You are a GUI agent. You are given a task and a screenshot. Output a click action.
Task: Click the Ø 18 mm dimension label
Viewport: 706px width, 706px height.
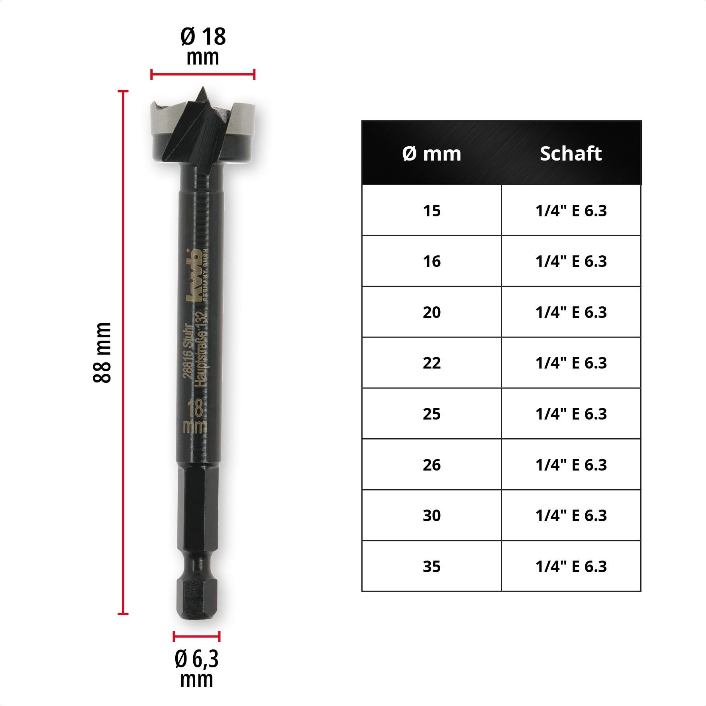click(203, 46)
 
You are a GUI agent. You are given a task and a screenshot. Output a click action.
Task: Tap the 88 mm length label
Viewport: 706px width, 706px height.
click(102, 353)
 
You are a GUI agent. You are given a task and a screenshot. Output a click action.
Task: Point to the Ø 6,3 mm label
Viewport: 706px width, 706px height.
click(196, 669)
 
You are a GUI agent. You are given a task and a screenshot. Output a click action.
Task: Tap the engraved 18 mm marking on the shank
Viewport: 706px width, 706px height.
click(195, 416)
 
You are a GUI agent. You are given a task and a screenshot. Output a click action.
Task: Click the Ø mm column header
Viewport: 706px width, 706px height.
click(431, 153)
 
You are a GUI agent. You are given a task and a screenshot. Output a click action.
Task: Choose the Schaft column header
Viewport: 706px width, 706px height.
click(571, 153)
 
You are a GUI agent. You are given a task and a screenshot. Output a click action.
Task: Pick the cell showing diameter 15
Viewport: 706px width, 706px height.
click(431, 210)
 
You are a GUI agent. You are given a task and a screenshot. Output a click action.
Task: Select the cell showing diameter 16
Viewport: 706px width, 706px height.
click(431, 261)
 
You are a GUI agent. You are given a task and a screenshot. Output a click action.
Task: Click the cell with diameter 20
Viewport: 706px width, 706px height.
click(431, 312)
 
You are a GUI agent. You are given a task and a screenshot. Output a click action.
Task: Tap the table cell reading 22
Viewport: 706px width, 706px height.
click(431, 363)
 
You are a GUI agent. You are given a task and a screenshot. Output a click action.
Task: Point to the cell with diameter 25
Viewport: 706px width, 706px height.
click(431, 414)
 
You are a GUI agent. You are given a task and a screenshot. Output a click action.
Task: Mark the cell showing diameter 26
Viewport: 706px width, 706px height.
click(431, 465)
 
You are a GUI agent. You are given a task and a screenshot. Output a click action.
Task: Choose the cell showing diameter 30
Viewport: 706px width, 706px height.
click(431, 516)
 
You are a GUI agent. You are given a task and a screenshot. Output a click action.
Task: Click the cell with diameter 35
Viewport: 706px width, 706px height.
click(431, 566)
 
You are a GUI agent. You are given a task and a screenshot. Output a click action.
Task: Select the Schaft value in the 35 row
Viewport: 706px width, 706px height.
click(571, 566)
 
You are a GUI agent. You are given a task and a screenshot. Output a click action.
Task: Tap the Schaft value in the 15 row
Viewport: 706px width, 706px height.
click(571, 210)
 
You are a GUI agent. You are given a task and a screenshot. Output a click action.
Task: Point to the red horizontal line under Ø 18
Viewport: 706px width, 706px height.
click(203, 74)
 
